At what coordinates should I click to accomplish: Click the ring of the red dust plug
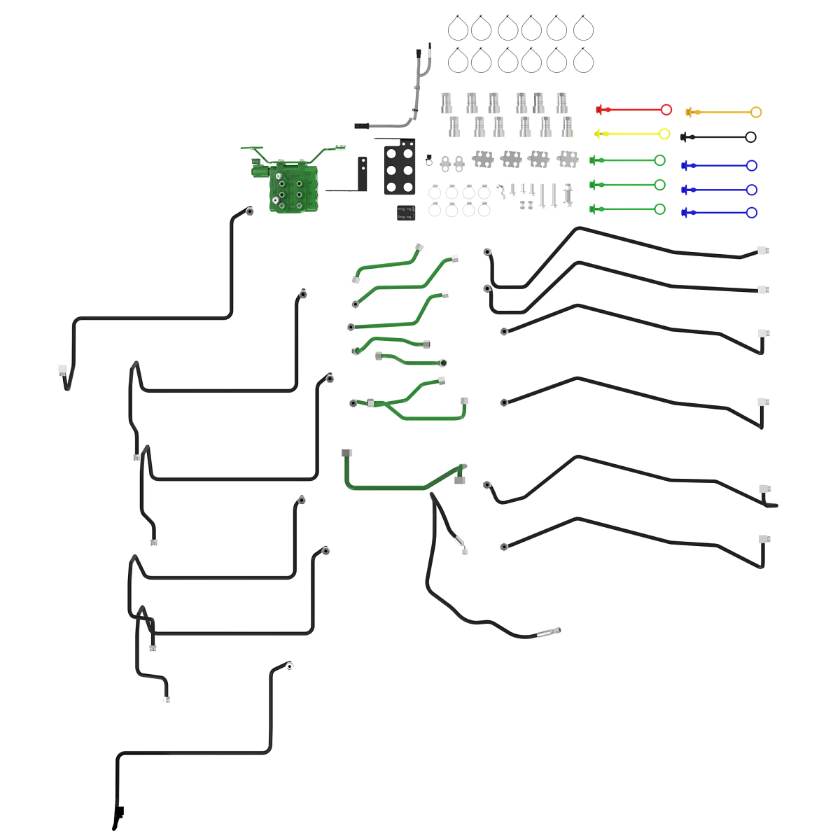point(666,110)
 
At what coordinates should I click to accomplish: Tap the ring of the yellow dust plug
point(664,134)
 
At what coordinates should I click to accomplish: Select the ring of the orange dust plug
point(756,112)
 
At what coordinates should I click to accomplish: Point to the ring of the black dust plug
point(751,137)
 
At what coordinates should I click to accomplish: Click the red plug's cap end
point(599,110)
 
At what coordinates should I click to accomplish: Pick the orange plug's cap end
point(689,112)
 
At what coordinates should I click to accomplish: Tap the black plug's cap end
point(684,137)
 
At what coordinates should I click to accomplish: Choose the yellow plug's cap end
point(597,134)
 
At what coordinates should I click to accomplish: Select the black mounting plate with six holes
point(400,167)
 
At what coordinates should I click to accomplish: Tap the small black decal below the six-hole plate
point(405,213)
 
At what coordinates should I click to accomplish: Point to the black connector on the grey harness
point(361,126)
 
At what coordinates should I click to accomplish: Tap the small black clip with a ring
point(428,160)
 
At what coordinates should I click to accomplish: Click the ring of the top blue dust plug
point(752,166)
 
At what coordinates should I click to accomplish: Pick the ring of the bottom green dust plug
point(659,209)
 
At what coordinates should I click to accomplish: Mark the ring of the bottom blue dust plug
point(752,213)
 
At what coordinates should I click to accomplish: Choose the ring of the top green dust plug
point(659,160)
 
